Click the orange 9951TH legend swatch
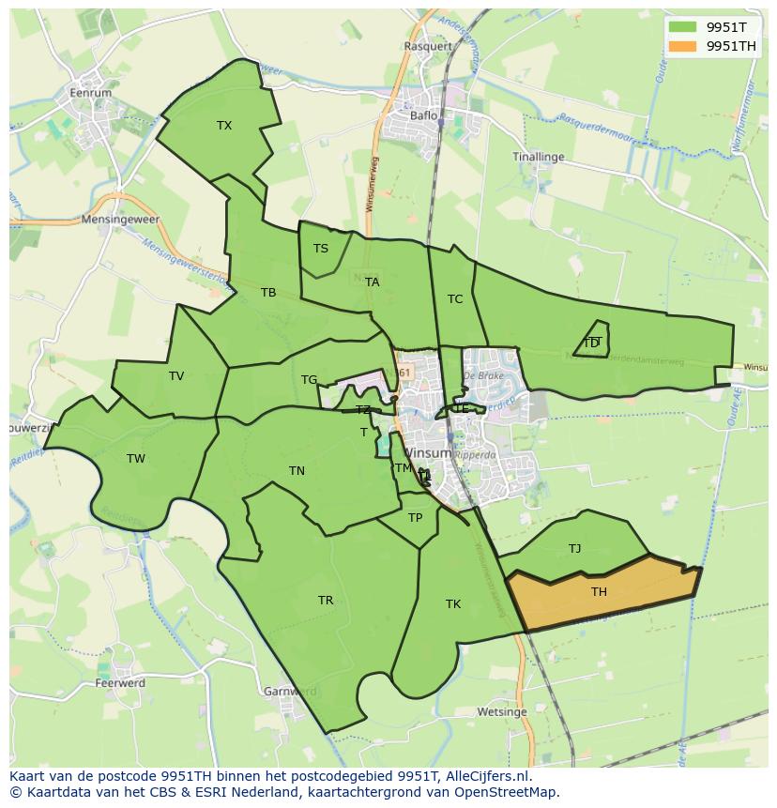point(682,46)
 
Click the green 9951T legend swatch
point(682,27)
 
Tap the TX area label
point(224,125)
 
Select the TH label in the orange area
point(599,591)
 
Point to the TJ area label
point(574,548)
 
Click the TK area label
point(453,604)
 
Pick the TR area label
point(326,601)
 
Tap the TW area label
point(136,459)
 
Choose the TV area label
point(176,376)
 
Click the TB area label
point(268,293)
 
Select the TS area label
point(321,249)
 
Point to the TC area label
point(455,299)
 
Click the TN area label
point(297,471)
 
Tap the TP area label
point(416,517)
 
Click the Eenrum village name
point(91,93)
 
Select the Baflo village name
point(424,116)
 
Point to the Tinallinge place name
point(539,157)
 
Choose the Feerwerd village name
point(120,683)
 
